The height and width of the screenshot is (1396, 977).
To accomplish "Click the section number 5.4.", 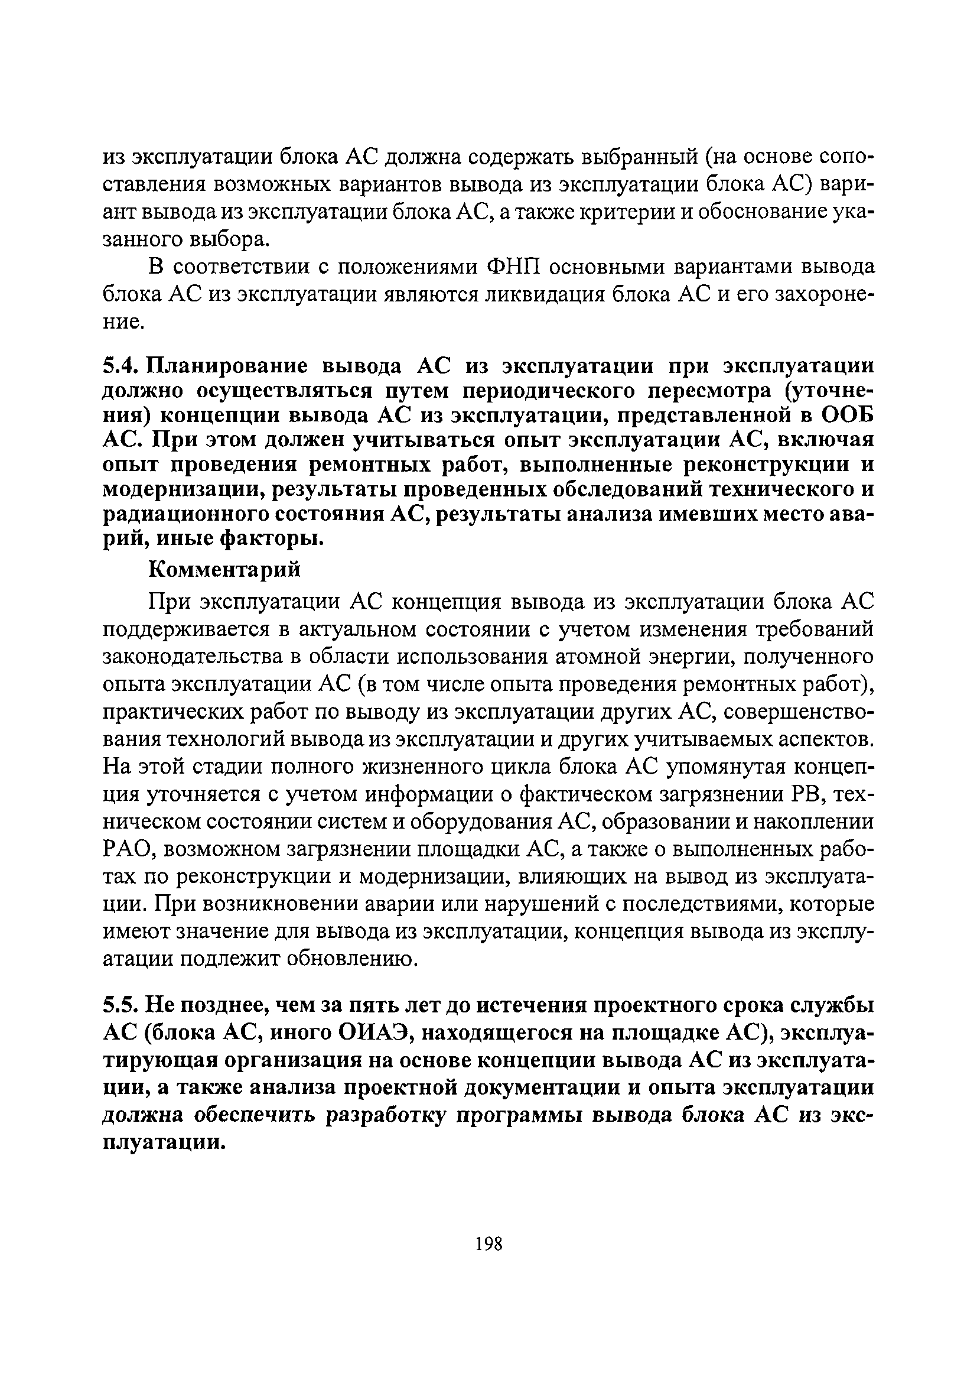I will point(121,366).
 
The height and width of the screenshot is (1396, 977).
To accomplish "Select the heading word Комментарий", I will point(225,570).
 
